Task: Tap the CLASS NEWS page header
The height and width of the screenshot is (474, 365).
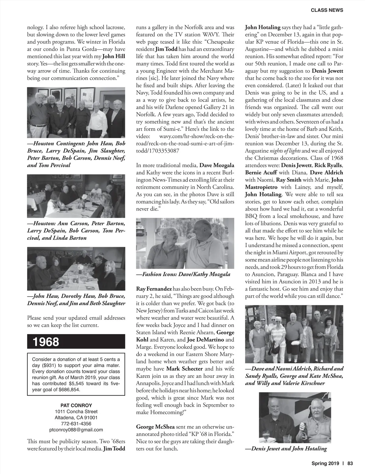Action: [327, 10]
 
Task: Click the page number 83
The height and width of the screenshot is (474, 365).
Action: [350, 464]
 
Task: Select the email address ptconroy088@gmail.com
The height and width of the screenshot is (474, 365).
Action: [76, 430]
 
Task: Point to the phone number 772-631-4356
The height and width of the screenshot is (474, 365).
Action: [76, 423]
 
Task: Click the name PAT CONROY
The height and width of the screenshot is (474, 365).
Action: [76, 405]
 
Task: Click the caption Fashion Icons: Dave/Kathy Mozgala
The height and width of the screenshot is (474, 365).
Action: [183, 274]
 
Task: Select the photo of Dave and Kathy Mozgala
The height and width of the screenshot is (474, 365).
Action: [185, 243]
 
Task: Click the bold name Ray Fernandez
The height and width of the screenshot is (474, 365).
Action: [154, 289]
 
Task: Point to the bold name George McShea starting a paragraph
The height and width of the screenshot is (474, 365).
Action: [155, 427]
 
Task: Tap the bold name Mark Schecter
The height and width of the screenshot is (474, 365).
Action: [184, 369]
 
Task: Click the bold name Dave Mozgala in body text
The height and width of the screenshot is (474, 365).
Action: [217, 165]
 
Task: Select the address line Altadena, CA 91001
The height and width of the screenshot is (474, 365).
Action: [76, 417]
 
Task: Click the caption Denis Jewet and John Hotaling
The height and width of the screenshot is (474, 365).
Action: [286, 448]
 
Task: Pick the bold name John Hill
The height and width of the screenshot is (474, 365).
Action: [113, 56]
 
